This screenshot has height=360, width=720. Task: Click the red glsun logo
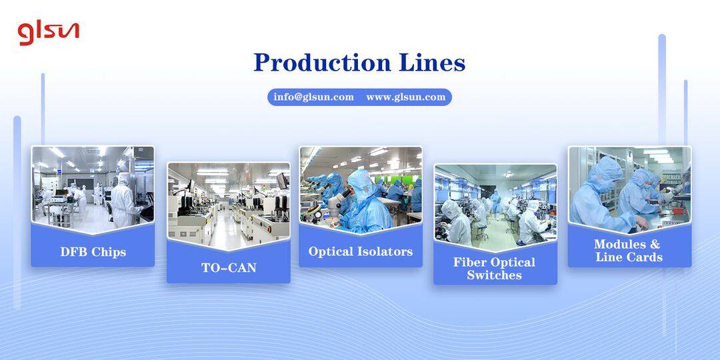(48, 31)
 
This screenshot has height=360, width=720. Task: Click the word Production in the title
(317, 63)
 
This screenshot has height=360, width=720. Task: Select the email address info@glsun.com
(313, 97)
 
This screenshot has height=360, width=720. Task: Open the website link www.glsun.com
(405, 97)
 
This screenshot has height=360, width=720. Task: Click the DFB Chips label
(93, 252)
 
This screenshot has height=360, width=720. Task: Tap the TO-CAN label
(229, 268)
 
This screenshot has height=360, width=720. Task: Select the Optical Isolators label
(360, 252)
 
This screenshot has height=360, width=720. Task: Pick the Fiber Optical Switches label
(495, 269)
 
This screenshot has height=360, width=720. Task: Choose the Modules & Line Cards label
(629, 251)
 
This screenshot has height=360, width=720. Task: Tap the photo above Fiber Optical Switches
(495, 203)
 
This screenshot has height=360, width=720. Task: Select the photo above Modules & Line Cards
(629, 187)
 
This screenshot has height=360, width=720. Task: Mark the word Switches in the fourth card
(495, 275)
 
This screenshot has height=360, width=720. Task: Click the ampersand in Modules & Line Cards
(655, 245)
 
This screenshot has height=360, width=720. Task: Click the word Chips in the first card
(109, 252)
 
